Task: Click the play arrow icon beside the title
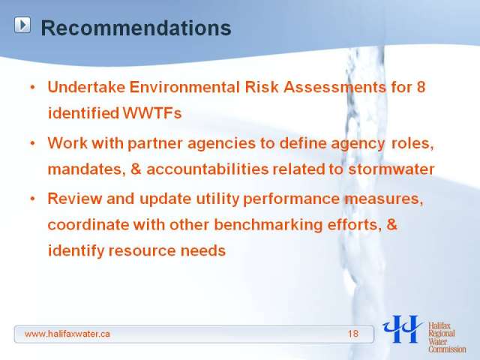[22, 25]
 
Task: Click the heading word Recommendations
[136, 28]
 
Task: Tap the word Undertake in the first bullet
[86, 87]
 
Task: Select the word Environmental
[184, 87]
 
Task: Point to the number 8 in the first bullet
[421, 87]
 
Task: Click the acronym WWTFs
[152, 113]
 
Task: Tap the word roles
[412, 143]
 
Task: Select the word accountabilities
[208, 169]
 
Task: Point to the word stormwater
[391, 169]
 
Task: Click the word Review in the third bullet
[75, 199]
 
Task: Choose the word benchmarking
[268, 225]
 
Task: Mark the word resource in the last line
[142, 250]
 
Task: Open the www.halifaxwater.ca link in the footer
[67, 334]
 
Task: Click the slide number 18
[353, 334]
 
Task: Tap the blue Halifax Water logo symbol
[403, 329]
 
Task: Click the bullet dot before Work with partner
[33, 143]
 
